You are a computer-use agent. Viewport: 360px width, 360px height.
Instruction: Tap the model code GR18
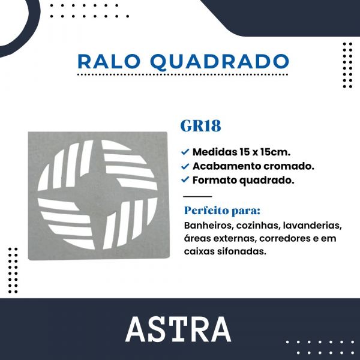point(200,127)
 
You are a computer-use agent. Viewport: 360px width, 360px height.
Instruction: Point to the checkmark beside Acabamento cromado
point(185,165)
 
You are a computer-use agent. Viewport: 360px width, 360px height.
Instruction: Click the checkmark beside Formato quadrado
point(185,179)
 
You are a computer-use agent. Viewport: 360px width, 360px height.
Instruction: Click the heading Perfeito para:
point(222,212)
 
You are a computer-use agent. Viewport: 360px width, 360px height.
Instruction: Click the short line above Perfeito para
point(196,196)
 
